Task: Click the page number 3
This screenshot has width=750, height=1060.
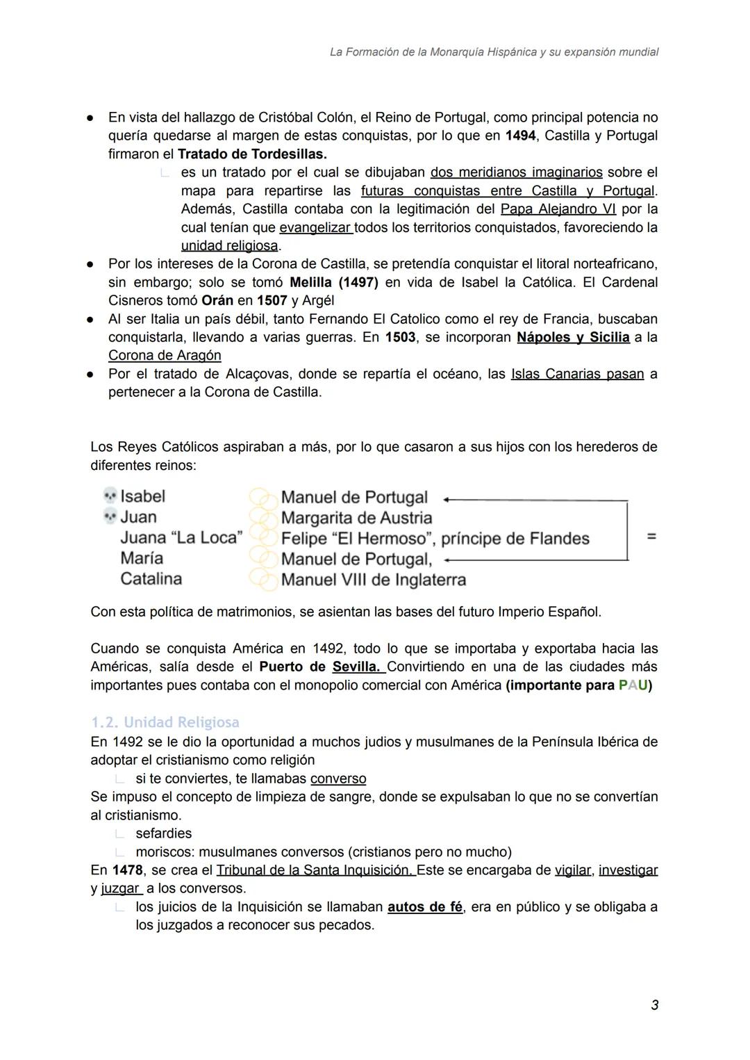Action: coord(654,1005)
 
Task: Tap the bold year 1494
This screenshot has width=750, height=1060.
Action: coord(520,136)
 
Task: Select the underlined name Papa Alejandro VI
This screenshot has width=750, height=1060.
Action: coord(558,209)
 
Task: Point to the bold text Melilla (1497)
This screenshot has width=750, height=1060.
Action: coord(333,282)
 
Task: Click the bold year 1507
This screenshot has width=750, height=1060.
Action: coord(272,300)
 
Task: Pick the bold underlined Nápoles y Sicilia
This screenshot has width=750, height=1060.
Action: coord(573,337)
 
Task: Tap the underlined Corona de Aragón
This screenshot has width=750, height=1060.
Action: coord(165,355)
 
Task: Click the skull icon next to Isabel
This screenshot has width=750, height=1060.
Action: coord(110,496)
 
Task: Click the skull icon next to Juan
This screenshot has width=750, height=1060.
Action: coord(110,516)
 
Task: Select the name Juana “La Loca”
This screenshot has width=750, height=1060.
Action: coord(181,537)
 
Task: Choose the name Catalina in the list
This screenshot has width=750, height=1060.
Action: coord(151,578)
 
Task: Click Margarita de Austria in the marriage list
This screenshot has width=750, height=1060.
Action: coord(356,518)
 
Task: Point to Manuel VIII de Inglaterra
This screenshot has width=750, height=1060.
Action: coord(373,580)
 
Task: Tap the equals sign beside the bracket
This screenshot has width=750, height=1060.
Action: coord(651,537)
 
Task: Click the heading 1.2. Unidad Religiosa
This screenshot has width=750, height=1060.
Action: coord(165,722)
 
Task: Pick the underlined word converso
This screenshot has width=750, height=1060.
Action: coord(338,778)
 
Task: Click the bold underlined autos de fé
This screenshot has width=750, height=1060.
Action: coord(424,907)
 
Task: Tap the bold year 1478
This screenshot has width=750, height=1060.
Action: coord(127,870)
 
